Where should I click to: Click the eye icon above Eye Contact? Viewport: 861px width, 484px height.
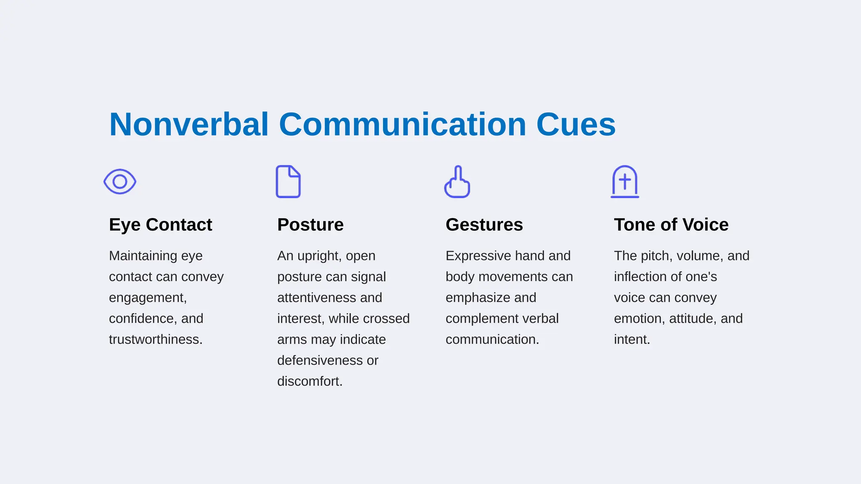coord(120,181)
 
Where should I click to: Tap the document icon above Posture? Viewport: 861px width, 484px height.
coord(288,181)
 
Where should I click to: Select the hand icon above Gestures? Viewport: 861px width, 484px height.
coord(457,182)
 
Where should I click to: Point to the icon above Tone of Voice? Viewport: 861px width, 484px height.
coord(625,182)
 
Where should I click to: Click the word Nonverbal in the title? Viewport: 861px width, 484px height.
coord(189,125)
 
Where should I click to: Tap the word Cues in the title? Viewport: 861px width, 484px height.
coord(576,125)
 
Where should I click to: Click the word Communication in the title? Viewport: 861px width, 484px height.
coord(402,125)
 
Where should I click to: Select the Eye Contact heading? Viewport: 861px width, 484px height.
coord(160,225)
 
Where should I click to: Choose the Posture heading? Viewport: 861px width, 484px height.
coord(310,225)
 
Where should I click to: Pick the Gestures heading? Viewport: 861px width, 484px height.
coord(484,225)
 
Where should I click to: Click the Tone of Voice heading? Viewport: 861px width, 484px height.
coord(671,225)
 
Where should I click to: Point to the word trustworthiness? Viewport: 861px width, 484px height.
coord(156,339)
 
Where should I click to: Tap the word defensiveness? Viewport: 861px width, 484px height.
coord(316,360)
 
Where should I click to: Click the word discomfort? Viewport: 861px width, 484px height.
coord(310,381)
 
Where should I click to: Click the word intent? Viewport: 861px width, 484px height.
coord(631,339)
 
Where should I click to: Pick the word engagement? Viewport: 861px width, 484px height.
coord(148,298)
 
